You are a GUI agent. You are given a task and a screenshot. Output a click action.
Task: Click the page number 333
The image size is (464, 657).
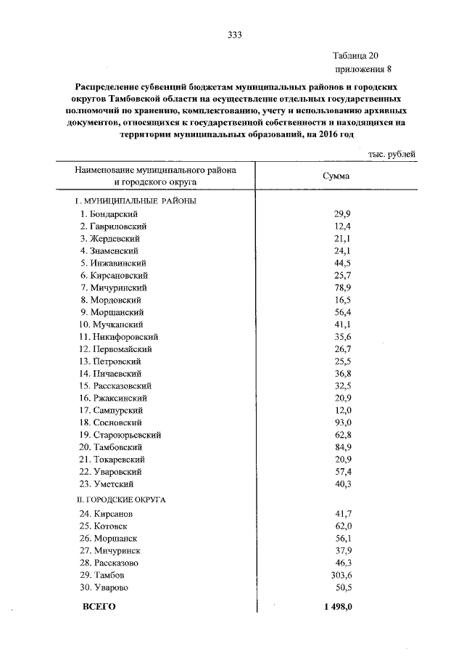(x=233, y=35)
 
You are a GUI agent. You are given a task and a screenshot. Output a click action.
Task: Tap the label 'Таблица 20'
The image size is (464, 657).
(x=355, y=55)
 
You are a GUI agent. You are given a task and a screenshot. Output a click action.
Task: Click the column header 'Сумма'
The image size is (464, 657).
(x=334, y=176)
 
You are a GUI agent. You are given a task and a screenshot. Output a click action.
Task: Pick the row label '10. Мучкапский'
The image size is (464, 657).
(x=111, y=325)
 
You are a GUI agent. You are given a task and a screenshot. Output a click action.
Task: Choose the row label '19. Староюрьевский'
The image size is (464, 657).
(x=120, y=435)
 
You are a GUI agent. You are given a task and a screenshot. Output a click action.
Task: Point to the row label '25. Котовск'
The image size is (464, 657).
(x=106, y=526)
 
